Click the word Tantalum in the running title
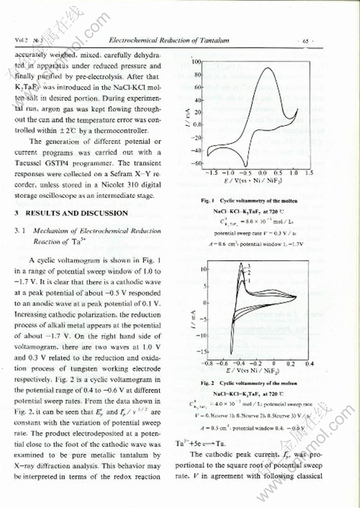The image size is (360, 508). click(x=212, y=40)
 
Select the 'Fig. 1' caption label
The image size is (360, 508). click(x=208, y=201)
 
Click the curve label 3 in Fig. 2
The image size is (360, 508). click(x=248, y=264)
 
